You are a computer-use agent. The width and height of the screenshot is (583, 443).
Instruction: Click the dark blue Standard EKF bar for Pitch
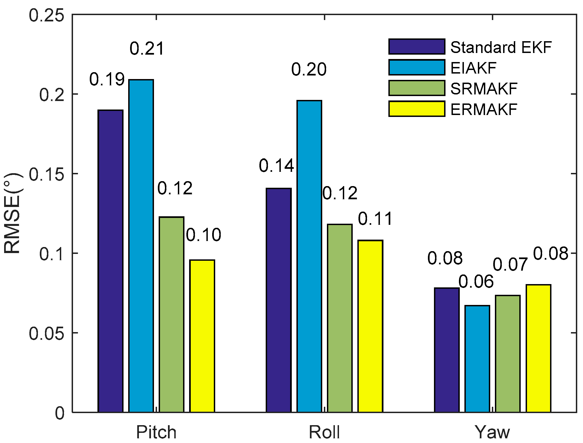(x=111, y=261)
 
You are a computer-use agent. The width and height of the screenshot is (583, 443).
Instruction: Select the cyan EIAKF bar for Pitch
(x=141, y=246)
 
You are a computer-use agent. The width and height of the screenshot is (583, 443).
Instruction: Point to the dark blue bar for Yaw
(x=447, y=350)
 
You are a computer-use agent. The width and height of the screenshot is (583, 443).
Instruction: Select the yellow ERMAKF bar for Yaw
(x=538, y=348)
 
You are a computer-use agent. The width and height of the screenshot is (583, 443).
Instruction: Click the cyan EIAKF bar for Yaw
(x=477, y=358)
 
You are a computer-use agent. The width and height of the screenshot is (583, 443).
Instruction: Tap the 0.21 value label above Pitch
(x=147, y=49)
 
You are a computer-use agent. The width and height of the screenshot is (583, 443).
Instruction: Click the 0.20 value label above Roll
(x=309, y=69)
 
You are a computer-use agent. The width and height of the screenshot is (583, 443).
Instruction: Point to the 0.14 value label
(x=276, y=166)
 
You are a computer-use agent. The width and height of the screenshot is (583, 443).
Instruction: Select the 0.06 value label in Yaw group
(x=476, y=282)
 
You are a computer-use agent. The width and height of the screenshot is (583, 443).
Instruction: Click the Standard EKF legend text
(x=501, y=47)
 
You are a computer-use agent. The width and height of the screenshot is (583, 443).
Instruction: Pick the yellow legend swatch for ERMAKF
(x=417, y=109)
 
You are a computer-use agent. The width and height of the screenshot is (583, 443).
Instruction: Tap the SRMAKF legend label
(x=484, y=89)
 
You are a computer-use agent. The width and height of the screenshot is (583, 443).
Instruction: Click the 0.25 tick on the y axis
(x=46, y=15)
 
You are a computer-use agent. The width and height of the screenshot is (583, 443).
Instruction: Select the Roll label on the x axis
(x=324, y=433)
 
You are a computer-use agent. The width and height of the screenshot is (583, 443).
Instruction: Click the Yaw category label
(x=493, y=433)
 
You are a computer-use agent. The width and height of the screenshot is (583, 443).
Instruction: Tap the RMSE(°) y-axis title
(x=12, y=213)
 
